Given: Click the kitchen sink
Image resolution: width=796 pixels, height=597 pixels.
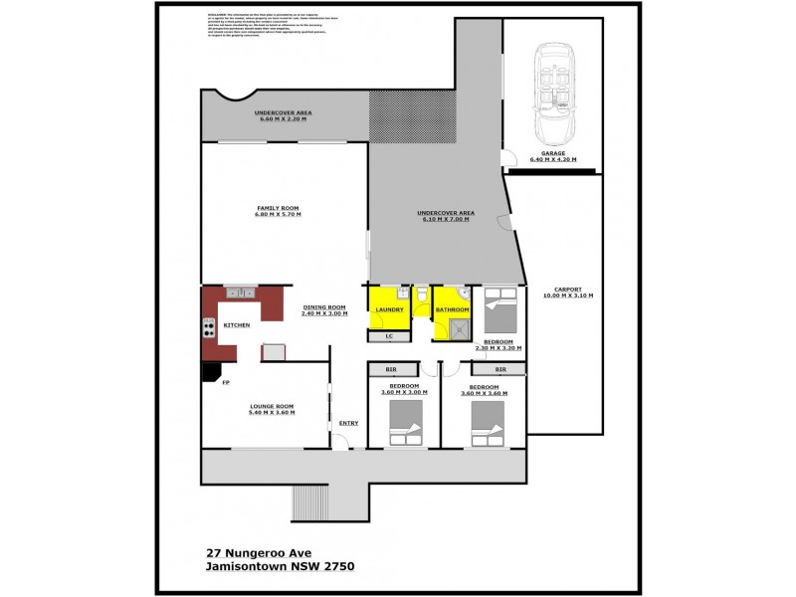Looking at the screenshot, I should [x=240, y=293].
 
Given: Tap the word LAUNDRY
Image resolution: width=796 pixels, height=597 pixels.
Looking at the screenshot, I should [x=387, y=310].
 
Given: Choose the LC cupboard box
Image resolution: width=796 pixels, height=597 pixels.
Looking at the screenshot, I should [x=389, y=336].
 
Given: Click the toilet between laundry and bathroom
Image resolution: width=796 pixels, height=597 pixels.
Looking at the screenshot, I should [x=422, y=296].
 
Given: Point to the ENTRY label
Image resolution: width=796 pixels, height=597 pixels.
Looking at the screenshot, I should [x=348, y=422].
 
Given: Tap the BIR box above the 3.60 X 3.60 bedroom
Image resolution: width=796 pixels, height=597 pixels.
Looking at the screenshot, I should [x=499, y=369].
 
